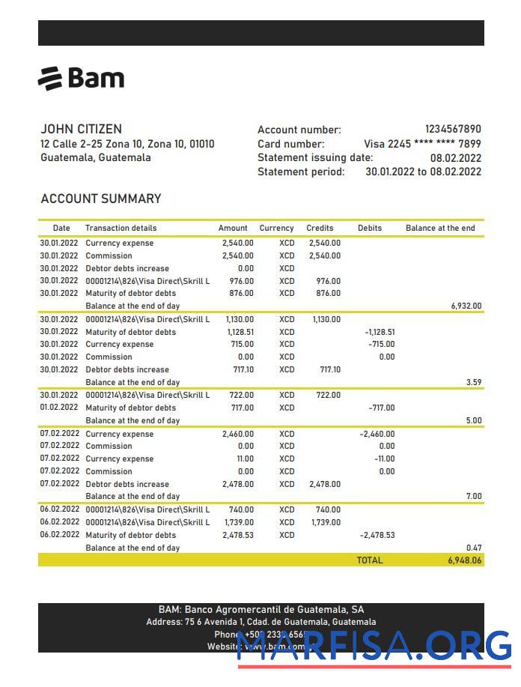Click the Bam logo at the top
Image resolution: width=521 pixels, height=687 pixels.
(x=81, y=78)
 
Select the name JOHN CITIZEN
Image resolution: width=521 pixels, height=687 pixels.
(x=81, y=129)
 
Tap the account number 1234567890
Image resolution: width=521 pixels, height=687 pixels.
(x=452, y=130)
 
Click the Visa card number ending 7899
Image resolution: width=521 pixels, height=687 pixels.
(x=422, y=144)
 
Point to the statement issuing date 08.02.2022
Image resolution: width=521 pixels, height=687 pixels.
(x=455, y=158)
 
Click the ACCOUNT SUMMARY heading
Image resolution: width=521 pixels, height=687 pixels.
(x=100, y=199)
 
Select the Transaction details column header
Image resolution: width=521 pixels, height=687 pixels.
(x=121, y=228)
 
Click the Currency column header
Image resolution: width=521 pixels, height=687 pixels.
(x=276, y=228)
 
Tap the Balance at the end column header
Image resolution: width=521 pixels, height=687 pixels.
(x=440, y=228)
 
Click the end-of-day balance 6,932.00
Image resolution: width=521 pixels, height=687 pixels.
(x=466, y=306)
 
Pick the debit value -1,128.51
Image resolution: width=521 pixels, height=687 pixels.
(x=379, y=332)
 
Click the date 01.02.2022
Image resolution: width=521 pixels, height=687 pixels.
(x=58, y=408)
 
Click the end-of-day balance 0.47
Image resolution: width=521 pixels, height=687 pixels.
(x=473, y=548)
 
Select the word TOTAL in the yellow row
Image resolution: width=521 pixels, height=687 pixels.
(x=369, y=560)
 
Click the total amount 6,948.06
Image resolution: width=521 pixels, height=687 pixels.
(x=463, y=560)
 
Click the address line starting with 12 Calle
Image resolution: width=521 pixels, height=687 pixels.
(x=127, y=144)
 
